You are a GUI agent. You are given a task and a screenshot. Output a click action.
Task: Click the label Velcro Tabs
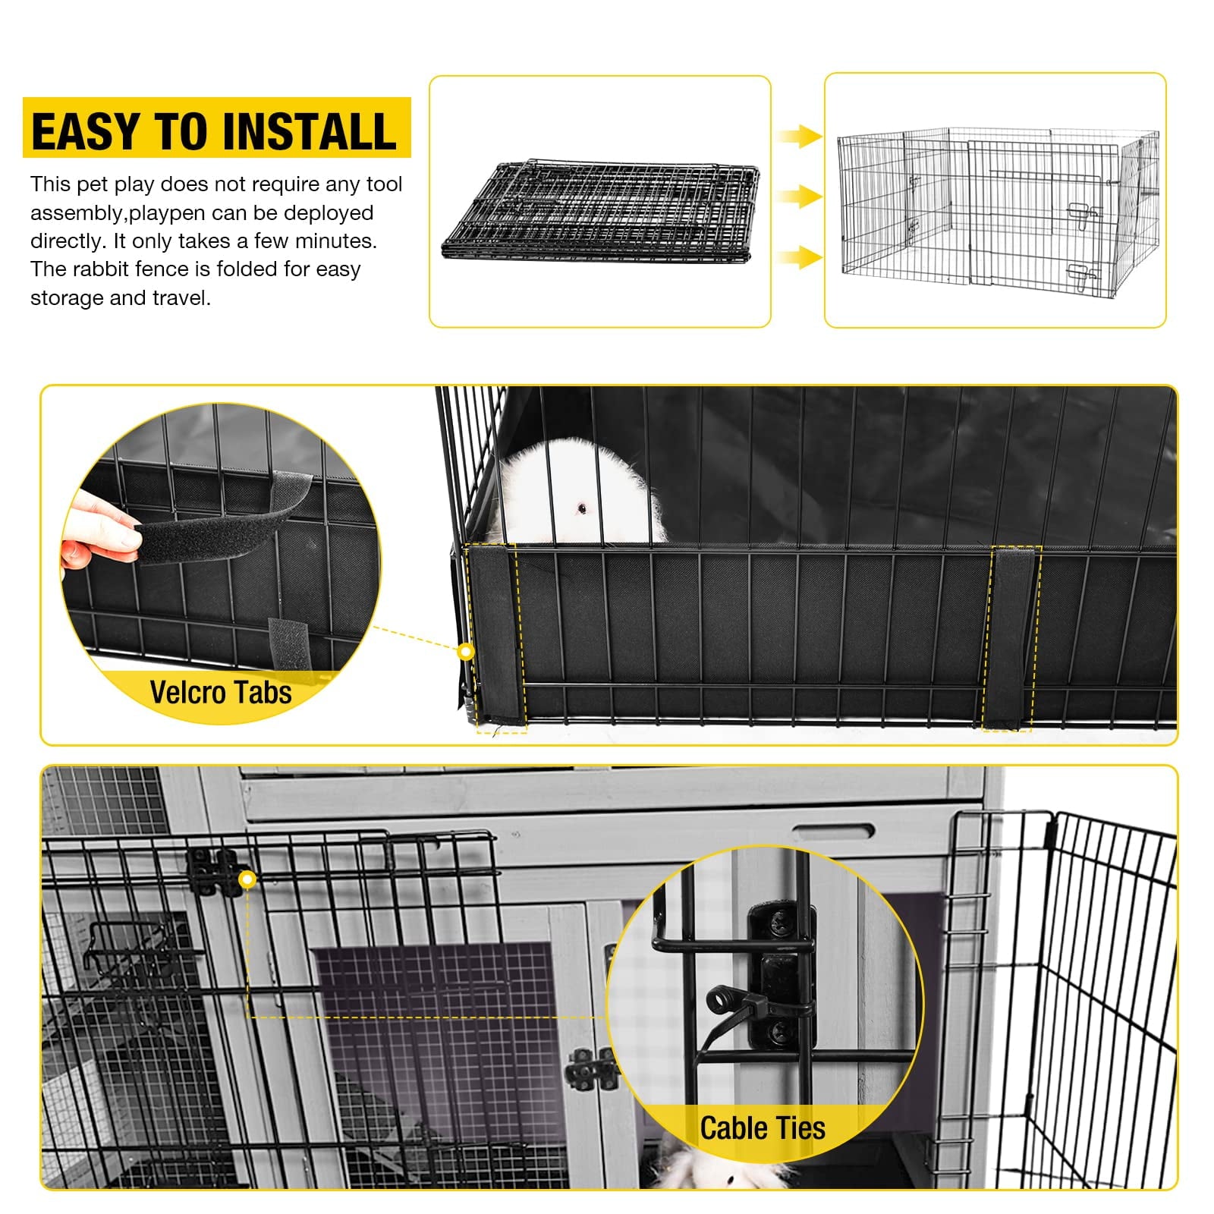[221, 693]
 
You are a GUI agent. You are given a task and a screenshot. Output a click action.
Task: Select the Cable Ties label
[763, 1128]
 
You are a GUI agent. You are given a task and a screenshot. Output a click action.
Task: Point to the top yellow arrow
[800, 137]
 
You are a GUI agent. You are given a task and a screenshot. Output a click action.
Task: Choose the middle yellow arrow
[800, 197]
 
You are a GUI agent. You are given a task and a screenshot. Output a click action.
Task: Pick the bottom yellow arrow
[800, 257]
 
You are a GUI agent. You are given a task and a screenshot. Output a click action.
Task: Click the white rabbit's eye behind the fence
[582, 508]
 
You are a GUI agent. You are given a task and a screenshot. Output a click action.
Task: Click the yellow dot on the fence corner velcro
[467, 652]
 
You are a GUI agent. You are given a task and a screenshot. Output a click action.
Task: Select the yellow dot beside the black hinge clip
[247, 879]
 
